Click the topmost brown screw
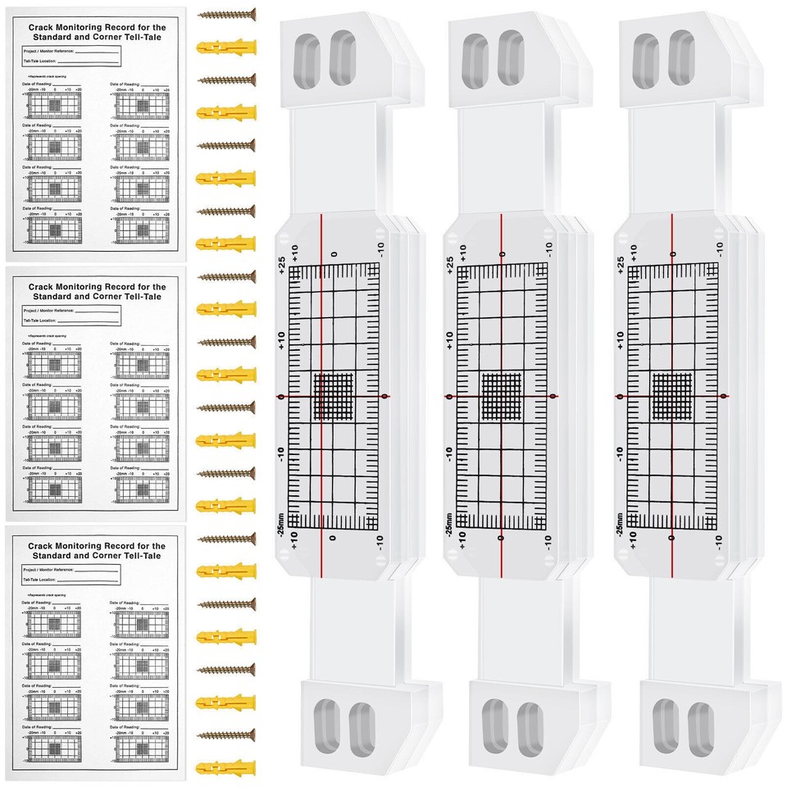pyautogui.click(x=226, y=14)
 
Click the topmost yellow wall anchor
pyautogui.click(x=226, y=45)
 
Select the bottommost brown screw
pyautogui.click(x=226, y=735)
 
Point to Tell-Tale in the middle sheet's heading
pyautogui.click(x=136, y=298)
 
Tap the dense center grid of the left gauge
pyautogui.click(x=333, y=396)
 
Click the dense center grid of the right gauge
pyautogui.click(x=671, y=396)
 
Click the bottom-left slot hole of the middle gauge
pyautogui.click(x=494, y=725)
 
